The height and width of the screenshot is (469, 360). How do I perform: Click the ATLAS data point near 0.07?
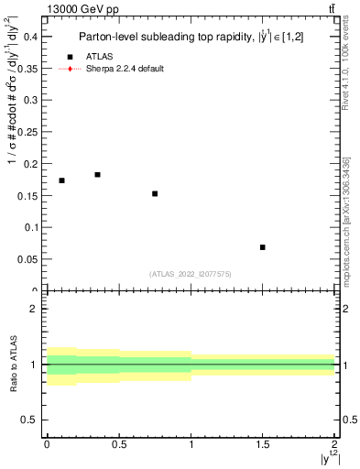tap(262, 247)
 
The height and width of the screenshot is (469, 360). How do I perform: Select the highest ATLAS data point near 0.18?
tap(97, 174)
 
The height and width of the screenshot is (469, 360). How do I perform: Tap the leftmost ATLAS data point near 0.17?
tap(61, 180)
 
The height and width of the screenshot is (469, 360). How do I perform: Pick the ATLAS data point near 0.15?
tap(155, 193)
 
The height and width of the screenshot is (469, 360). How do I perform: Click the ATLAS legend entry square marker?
tap(70, 57)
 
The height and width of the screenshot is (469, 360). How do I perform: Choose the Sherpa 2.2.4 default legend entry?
tap(125, 69)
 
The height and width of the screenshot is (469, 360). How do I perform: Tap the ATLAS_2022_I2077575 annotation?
tap(191, 274)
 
